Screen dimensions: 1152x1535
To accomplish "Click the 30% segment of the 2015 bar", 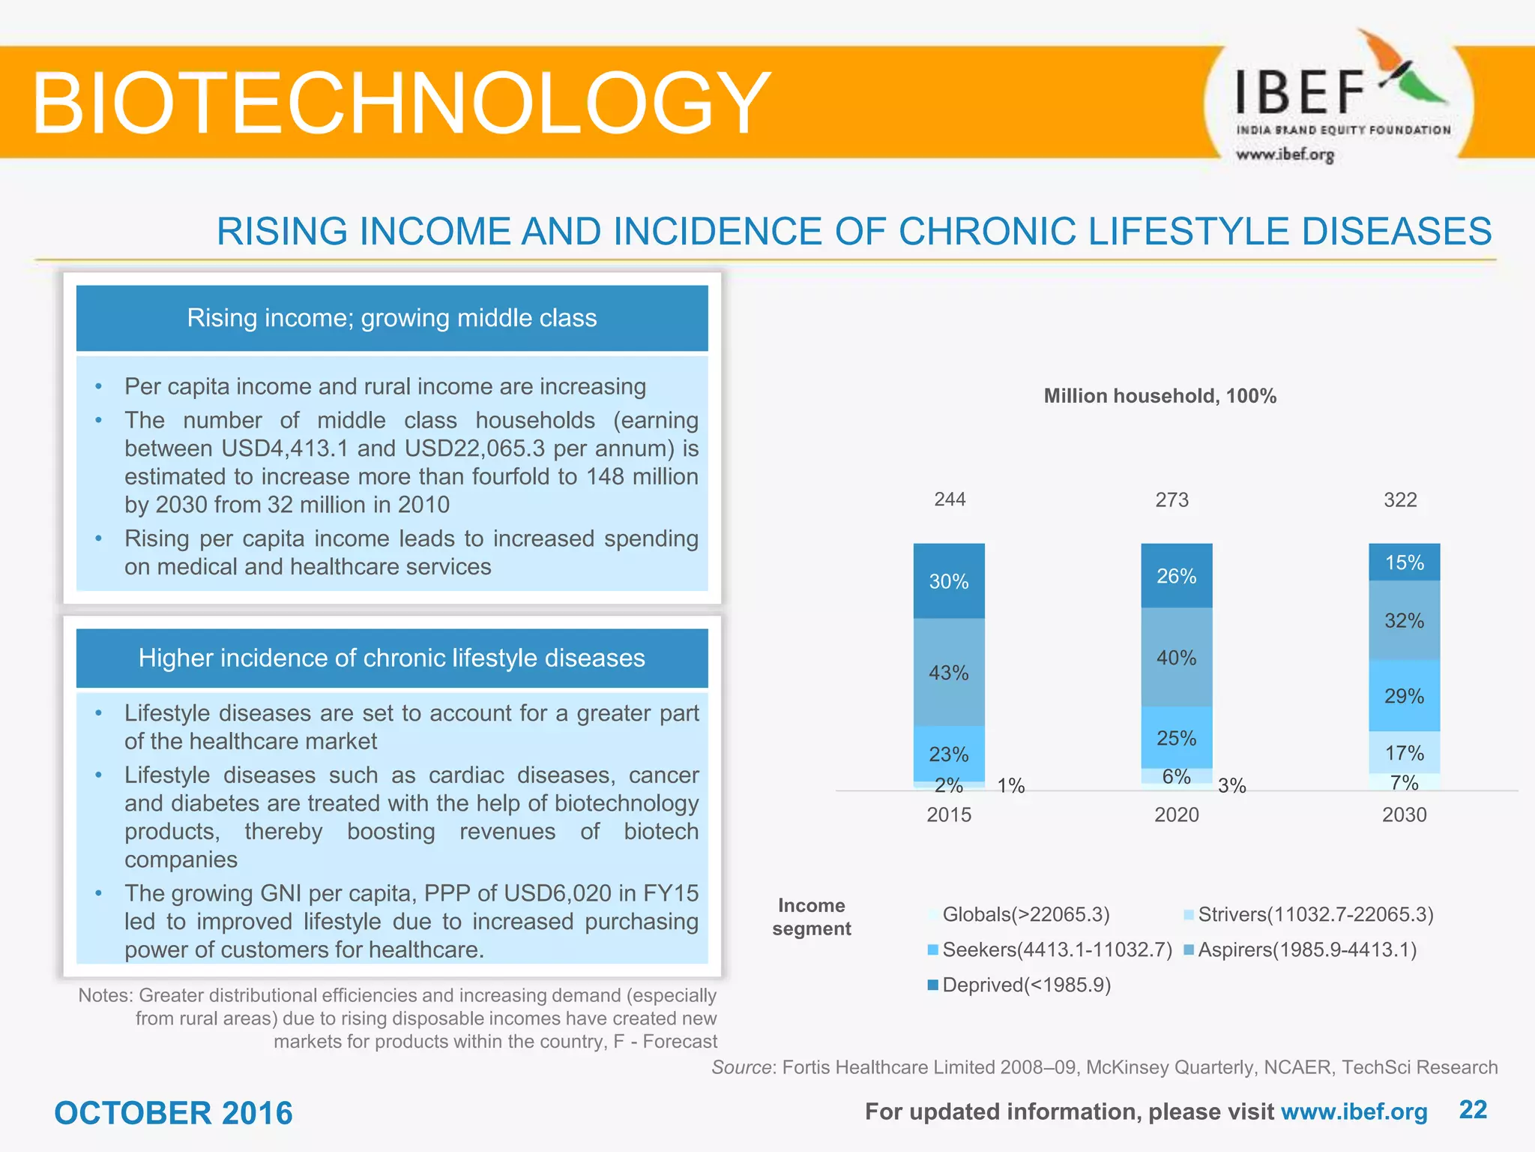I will [x=949, y=581].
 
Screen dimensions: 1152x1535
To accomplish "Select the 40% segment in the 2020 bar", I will [x=1176, y=658].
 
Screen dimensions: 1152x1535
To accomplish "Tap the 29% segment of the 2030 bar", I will [x=1404, y=696].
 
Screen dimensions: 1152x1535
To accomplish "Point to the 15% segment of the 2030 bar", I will [x=1404, y=562].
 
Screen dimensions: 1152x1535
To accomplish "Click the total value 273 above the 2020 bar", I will [x=1172, y=500].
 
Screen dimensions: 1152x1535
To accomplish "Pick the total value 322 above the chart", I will [x=1400, y=500].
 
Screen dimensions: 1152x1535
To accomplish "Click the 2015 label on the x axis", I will [x=949, y=814].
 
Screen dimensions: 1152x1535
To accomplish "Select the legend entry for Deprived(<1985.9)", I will [x=1019, y=985].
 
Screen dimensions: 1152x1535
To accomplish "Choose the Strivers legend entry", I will [x=1309, y=914].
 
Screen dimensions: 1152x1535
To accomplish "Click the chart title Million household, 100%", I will [x=1159, y=396].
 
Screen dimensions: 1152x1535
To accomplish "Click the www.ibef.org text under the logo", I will [x=1285, y=154].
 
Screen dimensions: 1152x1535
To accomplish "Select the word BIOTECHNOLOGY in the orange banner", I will [x=401, y=103].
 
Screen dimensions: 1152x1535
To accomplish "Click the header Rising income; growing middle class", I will [x=392, y=318].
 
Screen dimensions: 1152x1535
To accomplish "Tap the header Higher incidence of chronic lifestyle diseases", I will [x=392, y=658].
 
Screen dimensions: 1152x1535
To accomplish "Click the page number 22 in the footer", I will [x=1473, y=1110].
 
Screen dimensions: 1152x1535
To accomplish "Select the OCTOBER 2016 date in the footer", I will [x=173, y=1113].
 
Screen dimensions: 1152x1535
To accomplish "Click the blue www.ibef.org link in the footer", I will [x=1354, y=1111].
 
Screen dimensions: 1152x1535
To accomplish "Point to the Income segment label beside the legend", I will [x=812, y=916].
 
